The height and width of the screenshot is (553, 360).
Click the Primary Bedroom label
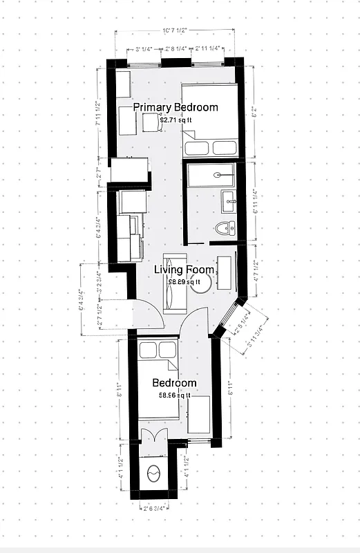coord(175,107)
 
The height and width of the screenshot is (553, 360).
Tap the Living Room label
coord(184,270)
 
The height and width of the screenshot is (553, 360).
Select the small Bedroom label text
coord(174,383)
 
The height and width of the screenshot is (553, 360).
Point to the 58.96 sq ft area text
coord(174,395)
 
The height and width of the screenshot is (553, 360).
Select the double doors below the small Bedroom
coord(153,438)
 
